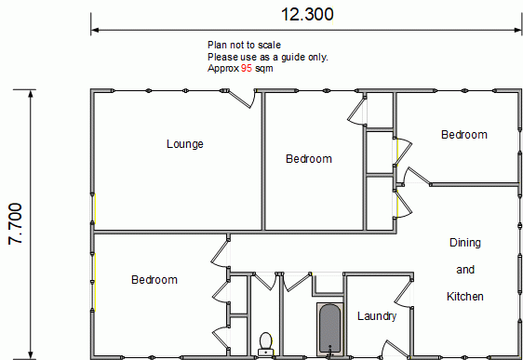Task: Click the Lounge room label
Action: point(185,144)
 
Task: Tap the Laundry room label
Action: point(377,316)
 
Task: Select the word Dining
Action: point(465,243)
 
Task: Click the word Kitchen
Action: point(465,297)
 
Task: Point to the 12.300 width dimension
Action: point(307,14)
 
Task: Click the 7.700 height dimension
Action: point(15,223)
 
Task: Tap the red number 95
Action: point(247,68)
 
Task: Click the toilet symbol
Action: point(266,343)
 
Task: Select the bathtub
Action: point(329,329)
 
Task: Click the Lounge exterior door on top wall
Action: point(241,99)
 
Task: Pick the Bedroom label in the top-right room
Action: point(464,135)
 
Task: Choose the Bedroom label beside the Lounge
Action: point(309,159)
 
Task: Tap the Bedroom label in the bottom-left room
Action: point(154,280)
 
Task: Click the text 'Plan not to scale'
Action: point(244,45)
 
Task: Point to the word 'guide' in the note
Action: point(293,58)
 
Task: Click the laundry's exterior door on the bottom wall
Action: point(396,350)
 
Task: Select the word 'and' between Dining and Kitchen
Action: point(465,270)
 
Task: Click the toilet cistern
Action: point(266,353)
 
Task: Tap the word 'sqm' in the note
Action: point(264,69)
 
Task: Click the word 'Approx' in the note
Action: point(223,69)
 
